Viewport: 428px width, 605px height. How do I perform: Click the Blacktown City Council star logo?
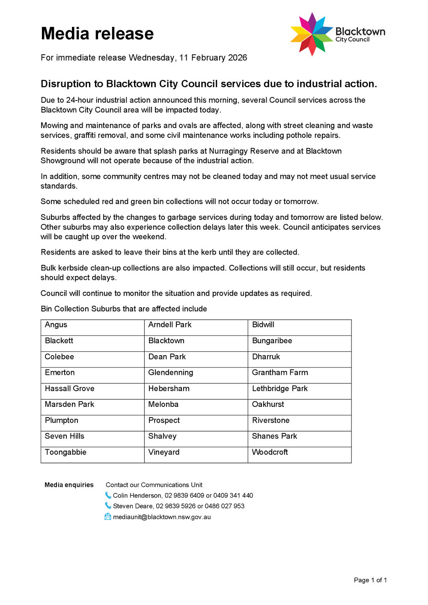click(312, 34)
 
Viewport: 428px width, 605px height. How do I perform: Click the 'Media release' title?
click(97, 33)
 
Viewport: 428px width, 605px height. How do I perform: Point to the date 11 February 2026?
click(213, 58)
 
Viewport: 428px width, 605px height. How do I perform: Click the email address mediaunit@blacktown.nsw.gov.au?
click(162, 517)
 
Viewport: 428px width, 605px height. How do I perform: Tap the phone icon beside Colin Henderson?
click(108, 495)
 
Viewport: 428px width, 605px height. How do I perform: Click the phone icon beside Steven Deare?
click(108, 506)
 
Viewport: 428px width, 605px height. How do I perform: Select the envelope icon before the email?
click(108, 517)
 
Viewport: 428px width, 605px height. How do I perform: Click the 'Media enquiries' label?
click(69, 485)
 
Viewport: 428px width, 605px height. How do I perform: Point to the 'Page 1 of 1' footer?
click(370, 580)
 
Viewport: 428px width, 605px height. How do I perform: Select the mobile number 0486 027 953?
click(225, 506)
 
